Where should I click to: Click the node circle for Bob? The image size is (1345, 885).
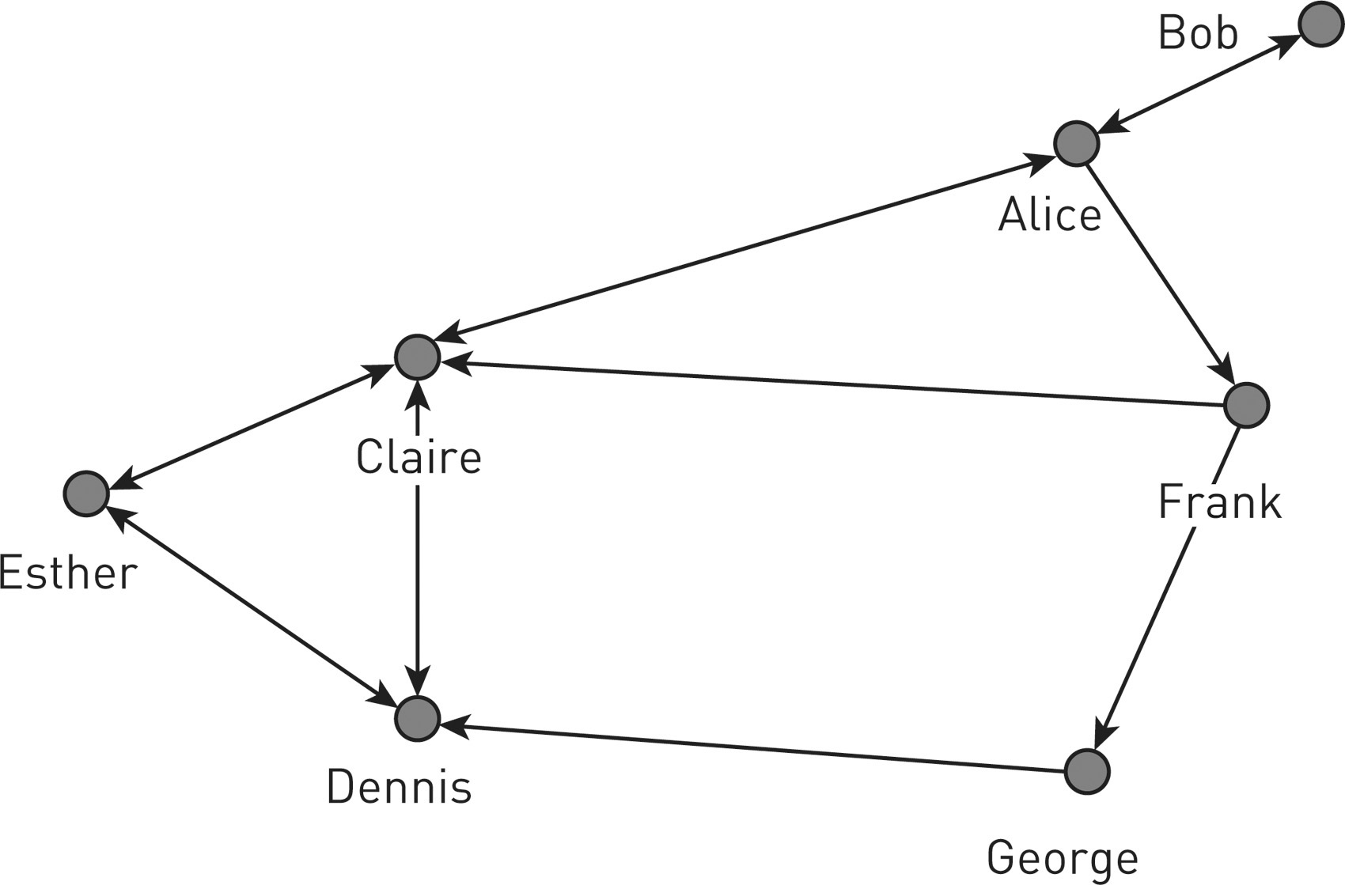[x=1320, y=25]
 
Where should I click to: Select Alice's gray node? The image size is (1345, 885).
[x=1076, y=144]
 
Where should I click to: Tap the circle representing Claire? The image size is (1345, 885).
[x=417, y=357]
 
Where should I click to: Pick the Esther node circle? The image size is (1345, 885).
[x=85, y=494]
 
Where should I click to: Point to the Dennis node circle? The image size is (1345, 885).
[x=417, y=718]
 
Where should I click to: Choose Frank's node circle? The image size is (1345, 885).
[x=1246, y=405]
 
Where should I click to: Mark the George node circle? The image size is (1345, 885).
[x=1087, y=771]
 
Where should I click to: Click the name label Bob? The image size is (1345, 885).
[x=1198, y=35]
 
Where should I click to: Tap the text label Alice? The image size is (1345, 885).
[x=1049, y=214]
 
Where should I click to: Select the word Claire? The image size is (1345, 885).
[x=419, y=457]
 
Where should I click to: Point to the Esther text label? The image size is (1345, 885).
[x=68, y=573]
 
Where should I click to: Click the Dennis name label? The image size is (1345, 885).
[x=399, y=787]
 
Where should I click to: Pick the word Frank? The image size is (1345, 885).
[x=1219, y=502]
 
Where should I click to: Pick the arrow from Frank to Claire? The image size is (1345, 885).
[x=831, y=383]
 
